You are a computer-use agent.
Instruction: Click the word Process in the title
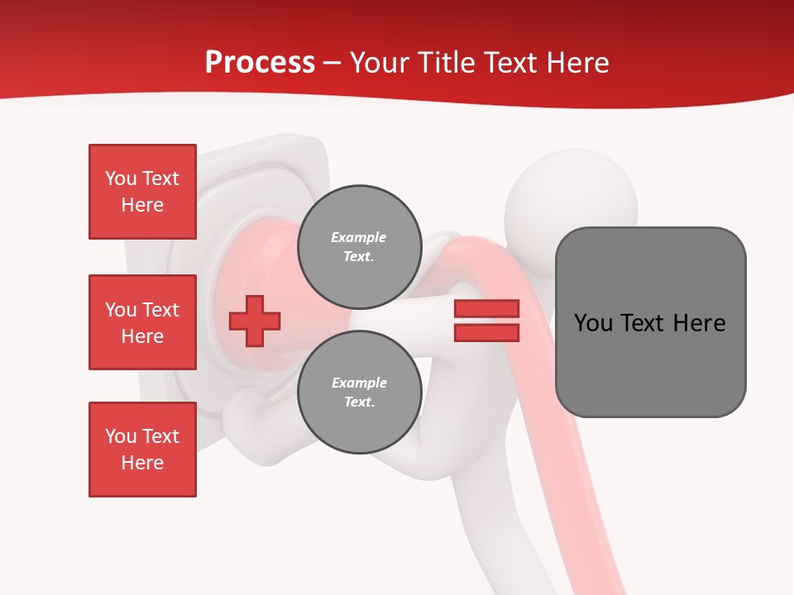pos(260,63)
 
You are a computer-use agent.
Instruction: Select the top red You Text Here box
pos(142,192)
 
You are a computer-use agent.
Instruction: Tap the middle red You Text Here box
pos(142,322)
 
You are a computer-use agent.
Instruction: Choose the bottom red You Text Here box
pos(142,449)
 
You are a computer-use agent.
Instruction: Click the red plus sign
pos(255,321)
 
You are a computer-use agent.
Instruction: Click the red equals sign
pos(486,321)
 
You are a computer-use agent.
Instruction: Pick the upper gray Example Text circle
pos(359,246)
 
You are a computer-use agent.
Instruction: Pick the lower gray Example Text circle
pos(359,392)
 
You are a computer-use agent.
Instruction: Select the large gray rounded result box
pos(650,322)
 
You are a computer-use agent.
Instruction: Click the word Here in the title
pos(579,63)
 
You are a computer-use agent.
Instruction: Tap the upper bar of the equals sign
pos(486,309)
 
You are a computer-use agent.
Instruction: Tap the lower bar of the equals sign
pos(486,333)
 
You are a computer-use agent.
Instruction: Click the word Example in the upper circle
pos(359,237)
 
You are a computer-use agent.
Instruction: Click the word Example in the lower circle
pos(359,383)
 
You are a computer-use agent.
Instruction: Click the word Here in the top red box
pos(142,205)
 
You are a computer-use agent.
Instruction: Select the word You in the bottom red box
pos(121,436)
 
